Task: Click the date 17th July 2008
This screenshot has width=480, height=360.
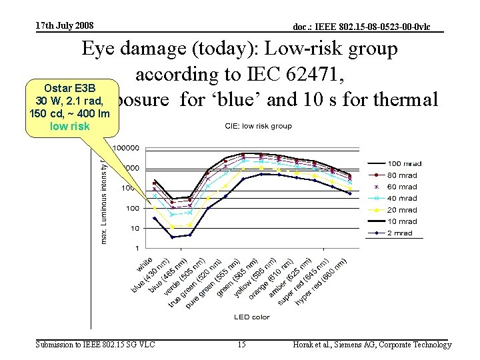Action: (65, 26)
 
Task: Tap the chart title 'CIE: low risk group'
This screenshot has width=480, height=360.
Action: (258, 126)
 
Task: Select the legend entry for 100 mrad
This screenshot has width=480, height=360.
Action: (401, 163)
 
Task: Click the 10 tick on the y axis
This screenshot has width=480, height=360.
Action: (134, 228)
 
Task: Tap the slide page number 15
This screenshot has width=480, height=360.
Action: (241, 345)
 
